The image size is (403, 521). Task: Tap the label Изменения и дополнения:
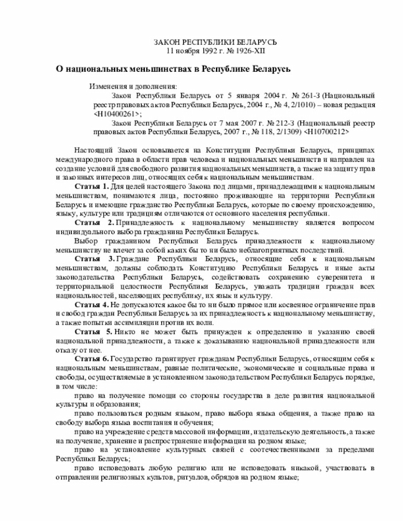(133, 86)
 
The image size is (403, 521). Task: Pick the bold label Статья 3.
(94, 259)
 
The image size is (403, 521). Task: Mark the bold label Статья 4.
(92, 305)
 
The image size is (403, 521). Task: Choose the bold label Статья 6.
(92, 358)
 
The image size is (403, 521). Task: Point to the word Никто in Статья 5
(131, 331)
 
